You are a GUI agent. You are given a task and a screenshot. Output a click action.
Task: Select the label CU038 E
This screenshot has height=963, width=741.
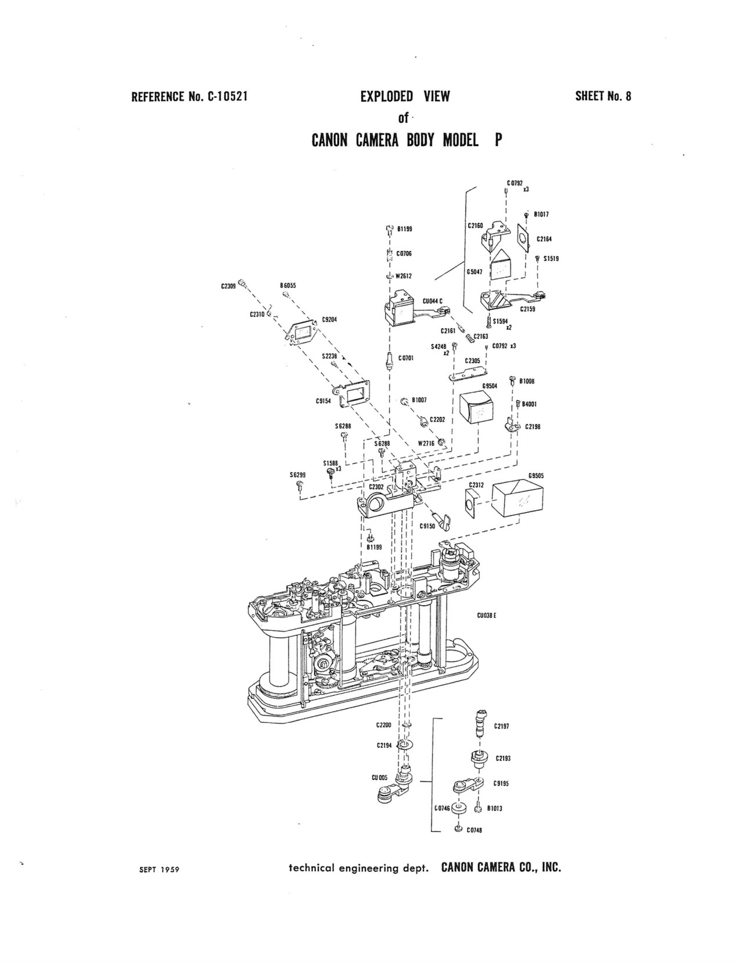487,615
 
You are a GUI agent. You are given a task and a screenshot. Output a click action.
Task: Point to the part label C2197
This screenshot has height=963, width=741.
502,726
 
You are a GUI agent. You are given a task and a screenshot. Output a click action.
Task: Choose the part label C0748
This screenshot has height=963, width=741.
474,830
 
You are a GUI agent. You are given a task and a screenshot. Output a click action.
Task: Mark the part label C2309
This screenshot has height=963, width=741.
228,286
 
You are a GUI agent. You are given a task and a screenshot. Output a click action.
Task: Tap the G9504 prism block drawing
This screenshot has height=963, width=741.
476,407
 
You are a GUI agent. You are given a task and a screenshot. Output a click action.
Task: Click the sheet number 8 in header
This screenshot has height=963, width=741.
628,96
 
